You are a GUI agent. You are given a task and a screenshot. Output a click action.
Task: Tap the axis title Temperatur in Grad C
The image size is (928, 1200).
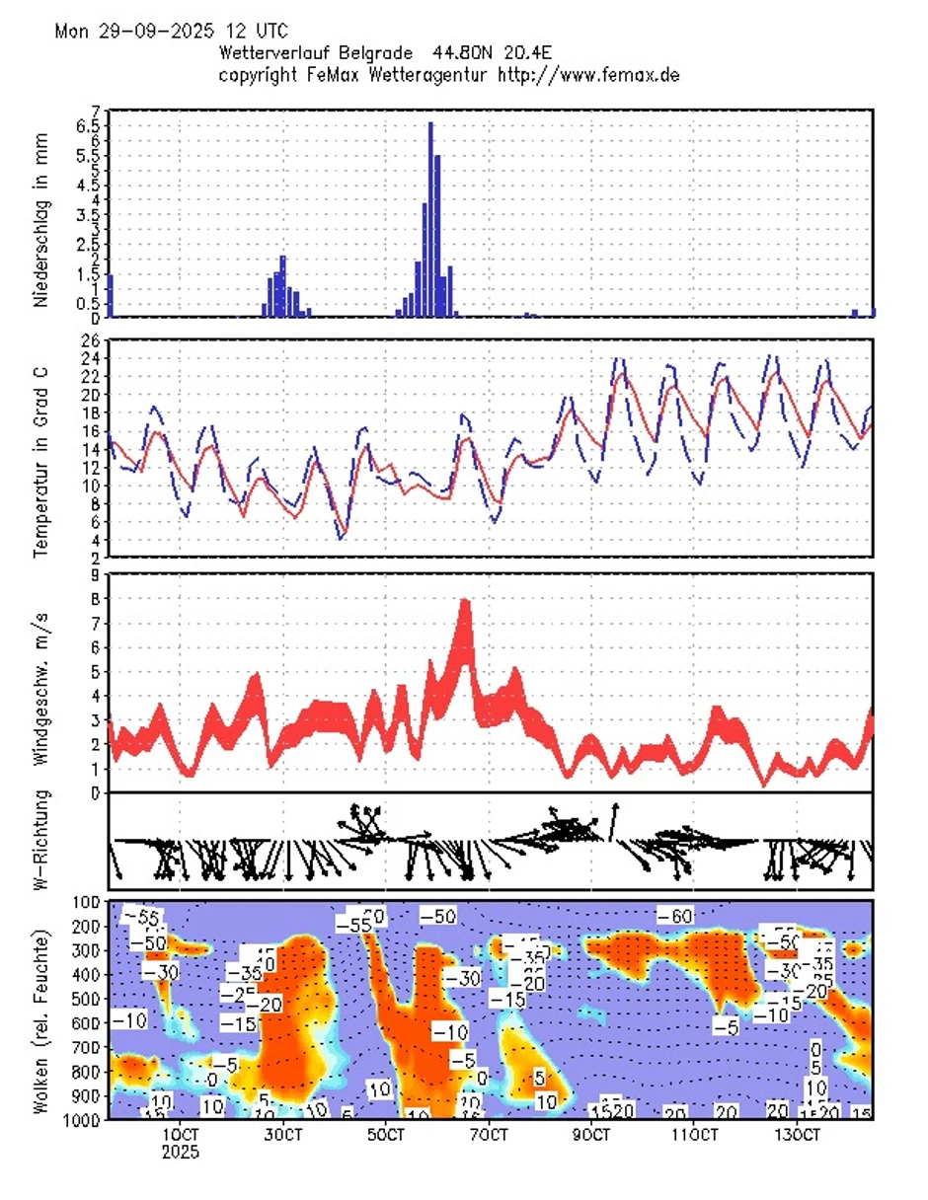[x=40, y=448]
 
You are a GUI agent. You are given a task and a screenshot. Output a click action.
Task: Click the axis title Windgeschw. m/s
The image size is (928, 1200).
[x=40, y=684]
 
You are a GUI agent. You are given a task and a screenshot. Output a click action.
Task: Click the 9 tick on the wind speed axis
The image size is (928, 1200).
[x=95, y=574]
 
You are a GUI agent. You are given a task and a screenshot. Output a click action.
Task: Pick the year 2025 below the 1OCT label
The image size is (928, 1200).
[x=182, y=1151]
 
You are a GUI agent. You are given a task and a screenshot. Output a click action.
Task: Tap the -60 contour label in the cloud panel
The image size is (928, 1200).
[x=676, y=916]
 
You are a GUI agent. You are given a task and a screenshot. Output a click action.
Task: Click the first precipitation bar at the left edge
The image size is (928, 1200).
[x=110, y=296]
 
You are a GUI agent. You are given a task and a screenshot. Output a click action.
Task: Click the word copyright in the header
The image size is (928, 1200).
[x=260, y=75]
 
